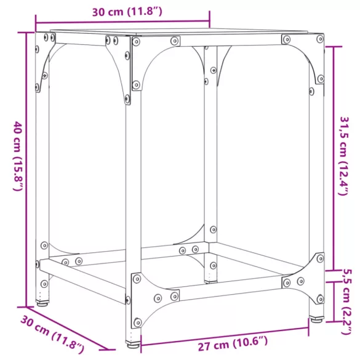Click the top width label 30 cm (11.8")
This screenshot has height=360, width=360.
tap(127, 12)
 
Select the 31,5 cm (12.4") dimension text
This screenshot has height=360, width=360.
tap(344, 156)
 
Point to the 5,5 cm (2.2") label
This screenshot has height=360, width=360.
tap(346, 302)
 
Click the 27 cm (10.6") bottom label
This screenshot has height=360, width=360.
tap(233, 343)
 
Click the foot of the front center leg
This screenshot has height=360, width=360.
tap(133, 344)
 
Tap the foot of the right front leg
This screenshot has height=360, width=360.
tap(316, 319)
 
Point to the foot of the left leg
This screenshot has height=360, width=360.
tap(42, 303)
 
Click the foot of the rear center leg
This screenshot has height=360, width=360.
tap(210, 281)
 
